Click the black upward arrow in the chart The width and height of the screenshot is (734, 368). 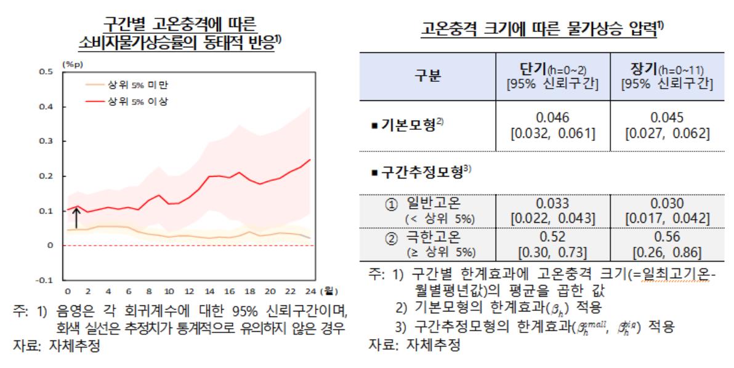[x=76, y=218]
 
